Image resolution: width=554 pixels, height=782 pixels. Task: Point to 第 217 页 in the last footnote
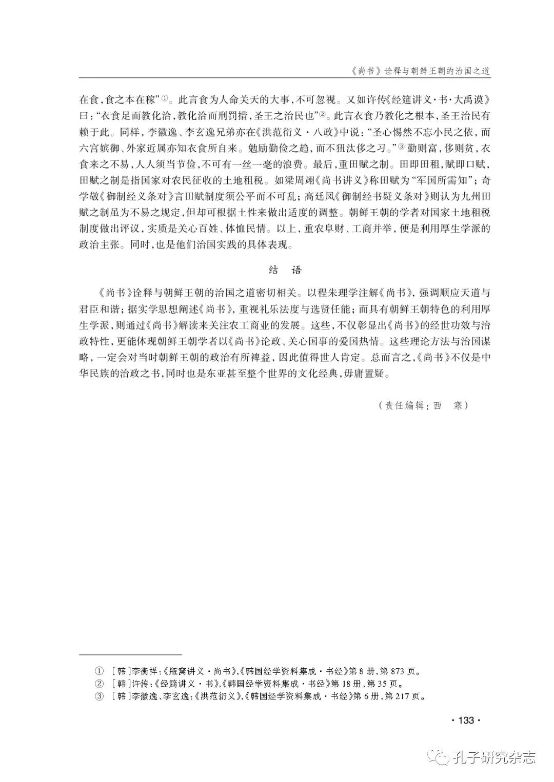pos(405,696)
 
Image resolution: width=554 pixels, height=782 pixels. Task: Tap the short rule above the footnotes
pos(131,654)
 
